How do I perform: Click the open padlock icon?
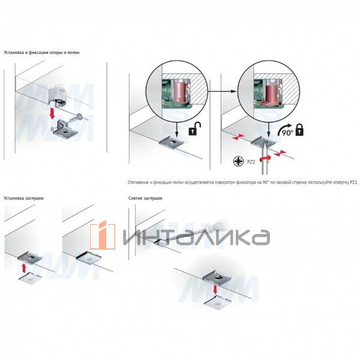point(195,130)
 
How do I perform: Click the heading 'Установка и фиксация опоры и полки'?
point(41,53)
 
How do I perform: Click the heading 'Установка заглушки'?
point(23,197)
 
